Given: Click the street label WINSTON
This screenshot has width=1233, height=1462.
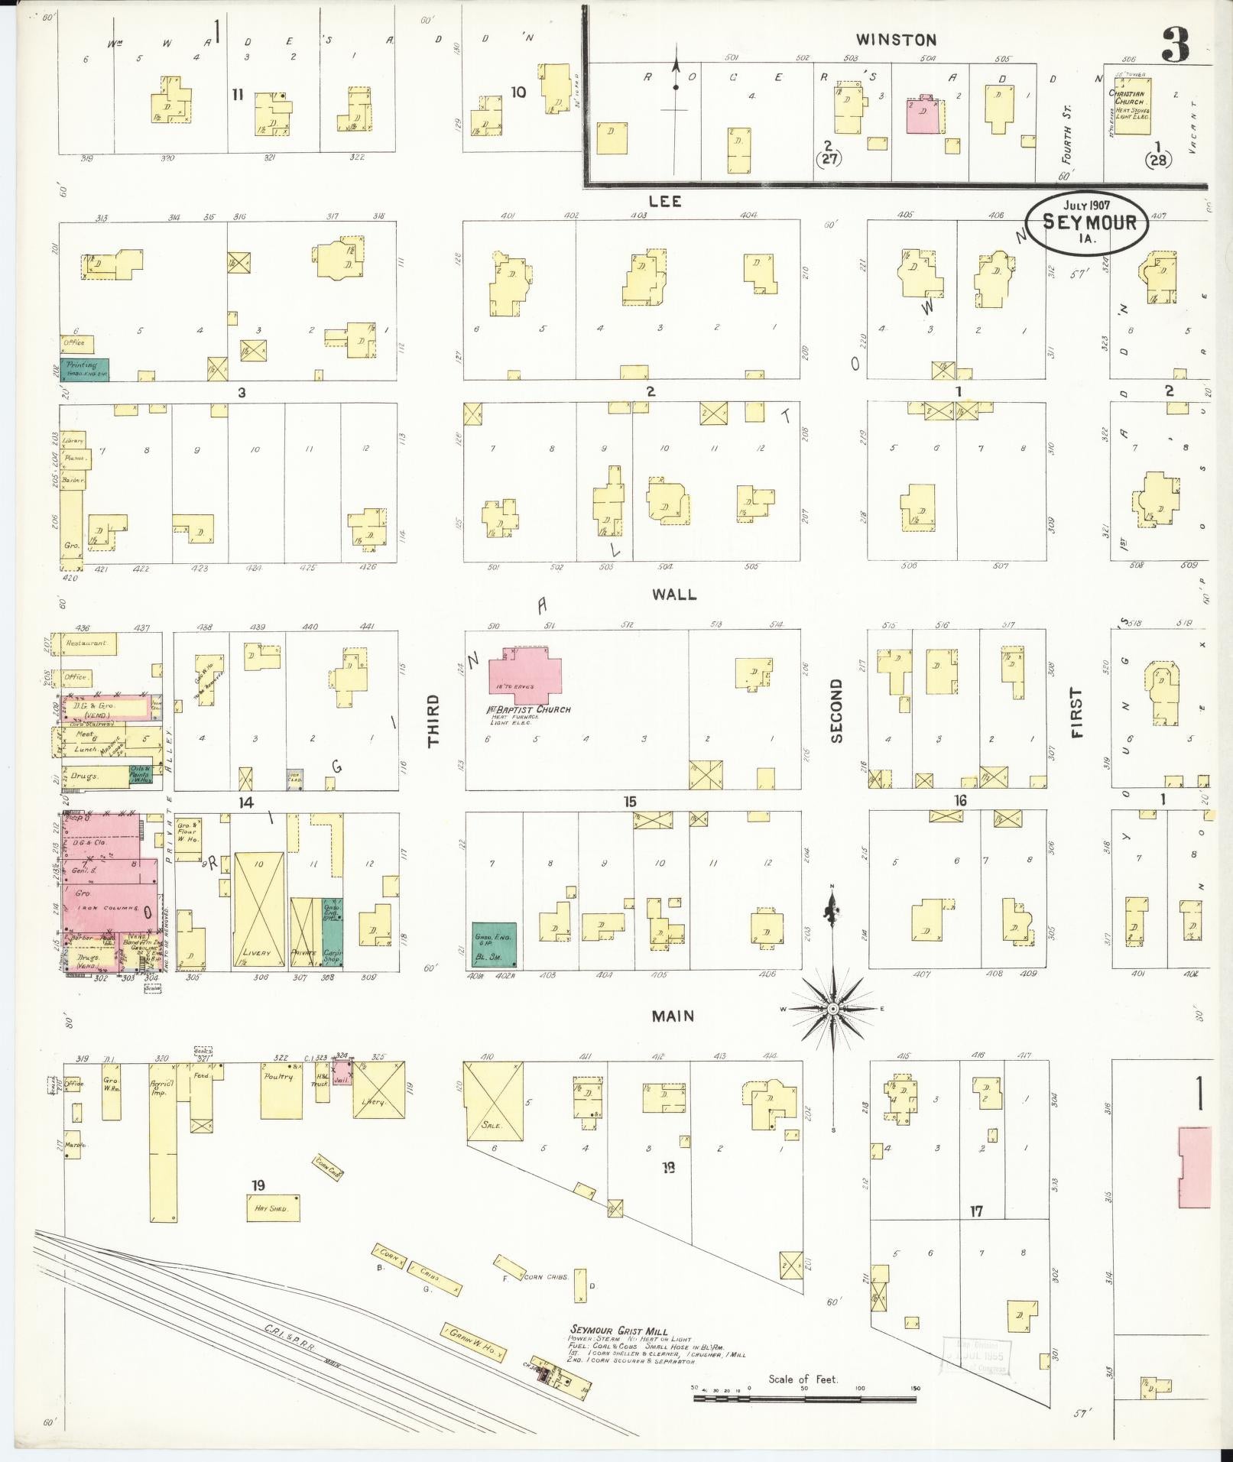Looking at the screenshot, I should pyautogui.click(x=895, y=40).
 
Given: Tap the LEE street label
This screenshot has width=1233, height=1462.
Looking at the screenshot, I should pyautogui.click(x=664, y=202).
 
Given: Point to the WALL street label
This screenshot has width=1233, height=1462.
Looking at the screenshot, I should pyautogui.click(x=673, y=594).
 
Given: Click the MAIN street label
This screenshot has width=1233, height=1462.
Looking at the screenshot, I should pyautogui.click(x=673, y=1016).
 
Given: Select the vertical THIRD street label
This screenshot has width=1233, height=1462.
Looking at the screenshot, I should pyautogui.click(x=433, y=720).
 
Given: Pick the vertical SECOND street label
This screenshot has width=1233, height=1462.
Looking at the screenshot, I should pyautogui.click(x=836, y=711).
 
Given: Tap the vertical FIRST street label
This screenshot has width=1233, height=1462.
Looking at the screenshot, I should pyautogui.click(x=1078, y=712).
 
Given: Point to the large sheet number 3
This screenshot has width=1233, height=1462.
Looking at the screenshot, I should pyautogui.click(x=1175, y=46).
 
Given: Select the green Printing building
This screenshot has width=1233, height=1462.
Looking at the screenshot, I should pyautogui.click(x=84, y=369).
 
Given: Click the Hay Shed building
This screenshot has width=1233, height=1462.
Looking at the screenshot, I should pyautogui.click(x=272, y=1208).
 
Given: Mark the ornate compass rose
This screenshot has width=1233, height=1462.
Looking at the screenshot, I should pyautogui.click(x=833, y=1009).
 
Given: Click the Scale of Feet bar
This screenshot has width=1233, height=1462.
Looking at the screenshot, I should pyautogui.click(x=804, y=1399).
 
